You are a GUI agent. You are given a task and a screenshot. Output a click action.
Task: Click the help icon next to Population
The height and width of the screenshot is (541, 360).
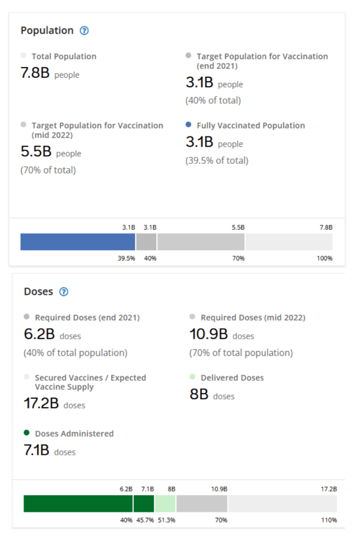84,31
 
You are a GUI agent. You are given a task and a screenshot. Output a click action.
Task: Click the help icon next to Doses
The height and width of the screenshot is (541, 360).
64,292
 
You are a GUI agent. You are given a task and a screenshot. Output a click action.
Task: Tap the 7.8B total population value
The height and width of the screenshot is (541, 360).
35,73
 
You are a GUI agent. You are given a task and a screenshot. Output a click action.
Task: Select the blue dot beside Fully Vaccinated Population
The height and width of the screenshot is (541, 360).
189,125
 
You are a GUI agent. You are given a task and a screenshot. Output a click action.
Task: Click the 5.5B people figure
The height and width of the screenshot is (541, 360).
36,152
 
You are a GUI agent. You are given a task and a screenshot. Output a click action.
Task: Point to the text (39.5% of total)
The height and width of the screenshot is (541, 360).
217,160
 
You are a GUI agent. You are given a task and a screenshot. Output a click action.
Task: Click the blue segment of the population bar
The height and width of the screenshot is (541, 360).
78,242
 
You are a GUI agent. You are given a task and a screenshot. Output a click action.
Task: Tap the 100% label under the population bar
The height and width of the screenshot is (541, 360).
325,258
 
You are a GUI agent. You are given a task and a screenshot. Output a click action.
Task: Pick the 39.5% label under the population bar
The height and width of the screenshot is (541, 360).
126,258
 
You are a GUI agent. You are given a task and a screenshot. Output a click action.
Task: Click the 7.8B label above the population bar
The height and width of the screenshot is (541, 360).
326,227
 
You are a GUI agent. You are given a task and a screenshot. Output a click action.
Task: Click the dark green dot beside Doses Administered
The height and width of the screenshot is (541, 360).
27,433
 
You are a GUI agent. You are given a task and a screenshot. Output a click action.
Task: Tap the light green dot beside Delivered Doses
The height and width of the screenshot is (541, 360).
192,377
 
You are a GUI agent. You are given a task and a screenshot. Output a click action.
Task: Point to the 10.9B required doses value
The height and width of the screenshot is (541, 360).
209,334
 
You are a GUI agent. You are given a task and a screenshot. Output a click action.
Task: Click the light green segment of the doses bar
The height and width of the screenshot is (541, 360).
165,503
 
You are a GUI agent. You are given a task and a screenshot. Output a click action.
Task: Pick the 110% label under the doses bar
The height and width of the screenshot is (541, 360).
329,520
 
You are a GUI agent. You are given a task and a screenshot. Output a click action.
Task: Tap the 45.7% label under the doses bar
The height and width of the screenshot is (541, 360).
145,520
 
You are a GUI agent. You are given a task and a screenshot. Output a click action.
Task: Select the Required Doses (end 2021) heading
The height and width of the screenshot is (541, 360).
87,318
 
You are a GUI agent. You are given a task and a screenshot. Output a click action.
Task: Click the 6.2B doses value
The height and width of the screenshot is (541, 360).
40,334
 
